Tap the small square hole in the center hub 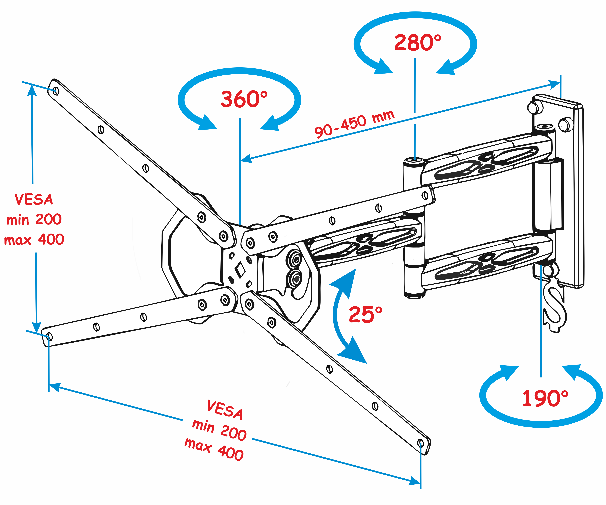(240, 270)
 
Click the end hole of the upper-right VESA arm (425, 196)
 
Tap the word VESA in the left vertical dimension (34, 200)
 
